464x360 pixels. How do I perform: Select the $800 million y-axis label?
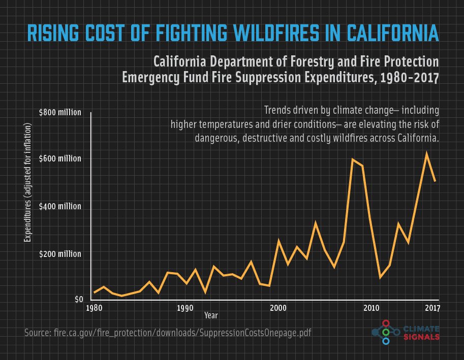(x=60, y=112)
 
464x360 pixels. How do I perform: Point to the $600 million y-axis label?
(x=60, y=159)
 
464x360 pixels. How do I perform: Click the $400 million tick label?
(x=60, y=207)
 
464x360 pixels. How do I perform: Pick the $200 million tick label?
(x=60, y=253)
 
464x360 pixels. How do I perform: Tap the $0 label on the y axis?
(x=78, y=300)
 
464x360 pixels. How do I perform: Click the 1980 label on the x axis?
(x=94, y=308)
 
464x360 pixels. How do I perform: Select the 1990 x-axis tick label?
(x=185, y=308)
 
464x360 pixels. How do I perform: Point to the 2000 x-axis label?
(x=278, y=308)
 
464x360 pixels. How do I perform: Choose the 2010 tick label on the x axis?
(x=371, y=308)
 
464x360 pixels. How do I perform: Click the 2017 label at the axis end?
(x=432, y=308)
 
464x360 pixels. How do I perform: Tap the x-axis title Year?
(x=211, y=316)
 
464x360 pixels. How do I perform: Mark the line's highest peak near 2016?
(x=426, y=153)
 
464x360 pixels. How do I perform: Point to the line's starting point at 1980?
(x=94, y=292)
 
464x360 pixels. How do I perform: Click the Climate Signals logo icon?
(x=385, y=332)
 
